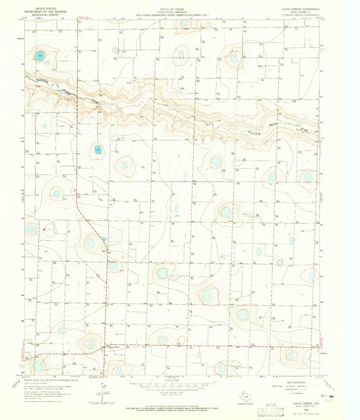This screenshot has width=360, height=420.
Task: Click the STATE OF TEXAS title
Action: [179, 5]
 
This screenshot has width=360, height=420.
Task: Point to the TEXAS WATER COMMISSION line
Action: [179, 8]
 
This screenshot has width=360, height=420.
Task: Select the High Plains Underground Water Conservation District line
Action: [179, 11]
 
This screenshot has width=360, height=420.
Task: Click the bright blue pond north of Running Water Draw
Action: [41, 55]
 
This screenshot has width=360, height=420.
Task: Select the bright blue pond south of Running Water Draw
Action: [99, 149]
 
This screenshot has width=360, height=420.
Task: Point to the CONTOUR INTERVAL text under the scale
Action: [179, 388]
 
